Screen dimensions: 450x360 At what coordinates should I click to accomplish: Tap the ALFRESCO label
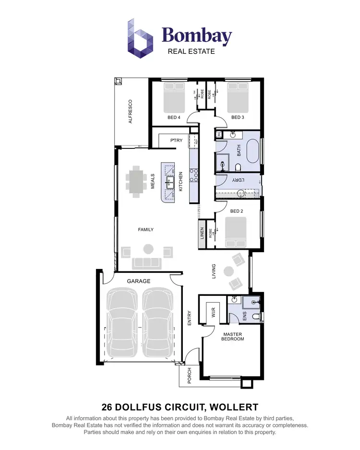tap(130, 112)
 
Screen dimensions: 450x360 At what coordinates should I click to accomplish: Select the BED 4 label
tap(174, 117)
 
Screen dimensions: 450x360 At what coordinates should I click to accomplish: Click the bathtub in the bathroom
tap(252, 151)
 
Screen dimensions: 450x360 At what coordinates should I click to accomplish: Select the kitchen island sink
tap(170, 182)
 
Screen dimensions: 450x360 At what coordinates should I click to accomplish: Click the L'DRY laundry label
tap(239, 180)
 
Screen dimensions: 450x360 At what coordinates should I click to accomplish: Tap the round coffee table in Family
tap(148, 249)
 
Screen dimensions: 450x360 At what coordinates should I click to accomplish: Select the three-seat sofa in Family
tap(147, 263)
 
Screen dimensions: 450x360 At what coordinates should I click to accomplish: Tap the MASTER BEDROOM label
tap(233, 337)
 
